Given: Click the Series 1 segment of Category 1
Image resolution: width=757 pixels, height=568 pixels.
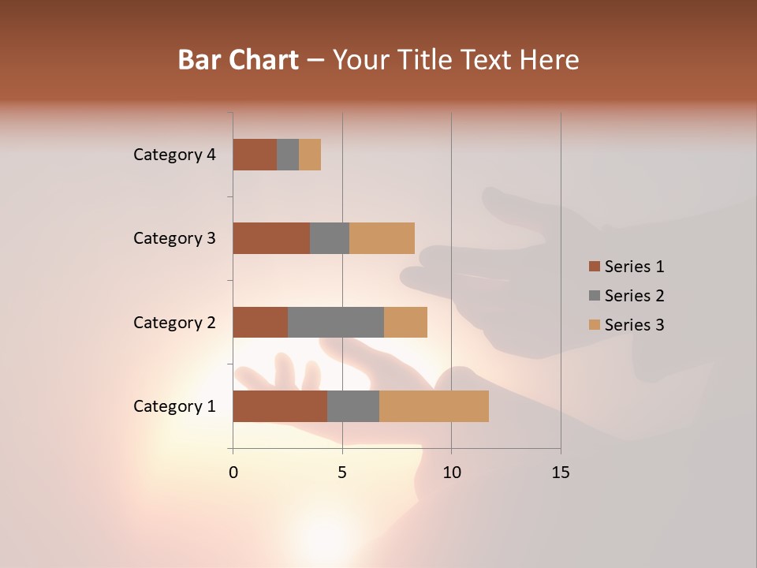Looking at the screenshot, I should [280, 406].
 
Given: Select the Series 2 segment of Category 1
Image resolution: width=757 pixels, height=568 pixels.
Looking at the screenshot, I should [353, 406].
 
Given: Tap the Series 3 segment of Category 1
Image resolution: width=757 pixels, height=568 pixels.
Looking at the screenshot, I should [434, 406].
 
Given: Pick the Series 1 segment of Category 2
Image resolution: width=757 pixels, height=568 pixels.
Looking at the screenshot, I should [260, 322].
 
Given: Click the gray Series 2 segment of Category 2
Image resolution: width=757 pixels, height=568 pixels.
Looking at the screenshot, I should [336, 322].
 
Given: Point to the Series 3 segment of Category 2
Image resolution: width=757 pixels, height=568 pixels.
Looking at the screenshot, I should [405, 322].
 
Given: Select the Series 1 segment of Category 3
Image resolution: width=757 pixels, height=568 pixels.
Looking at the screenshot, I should [271, 238].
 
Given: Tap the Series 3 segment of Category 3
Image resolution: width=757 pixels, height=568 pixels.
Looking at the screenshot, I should [382, 238].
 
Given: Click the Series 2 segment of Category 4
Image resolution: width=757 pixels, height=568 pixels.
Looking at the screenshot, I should [288, 155].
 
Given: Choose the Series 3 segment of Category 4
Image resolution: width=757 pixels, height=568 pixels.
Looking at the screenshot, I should [310, 155].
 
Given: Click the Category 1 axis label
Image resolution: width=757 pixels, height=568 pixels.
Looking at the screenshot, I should [174, 406].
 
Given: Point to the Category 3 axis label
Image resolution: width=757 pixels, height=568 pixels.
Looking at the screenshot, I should [174, 238].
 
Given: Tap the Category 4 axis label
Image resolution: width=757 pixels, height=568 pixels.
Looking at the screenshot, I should [174, 155].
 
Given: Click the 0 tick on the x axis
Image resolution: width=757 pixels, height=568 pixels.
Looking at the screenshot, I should [233, 473].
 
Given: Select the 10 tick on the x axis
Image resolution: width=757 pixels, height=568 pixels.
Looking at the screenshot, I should [451, 473].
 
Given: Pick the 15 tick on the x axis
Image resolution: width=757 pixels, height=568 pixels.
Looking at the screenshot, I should [561, 473].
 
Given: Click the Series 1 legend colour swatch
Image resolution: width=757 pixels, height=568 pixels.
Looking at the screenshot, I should [594, 267].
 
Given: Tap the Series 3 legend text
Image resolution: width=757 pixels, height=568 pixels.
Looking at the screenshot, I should [634, 325].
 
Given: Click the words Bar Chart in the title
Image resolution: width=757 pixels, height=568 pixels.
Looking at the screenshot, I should [238, 59].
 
